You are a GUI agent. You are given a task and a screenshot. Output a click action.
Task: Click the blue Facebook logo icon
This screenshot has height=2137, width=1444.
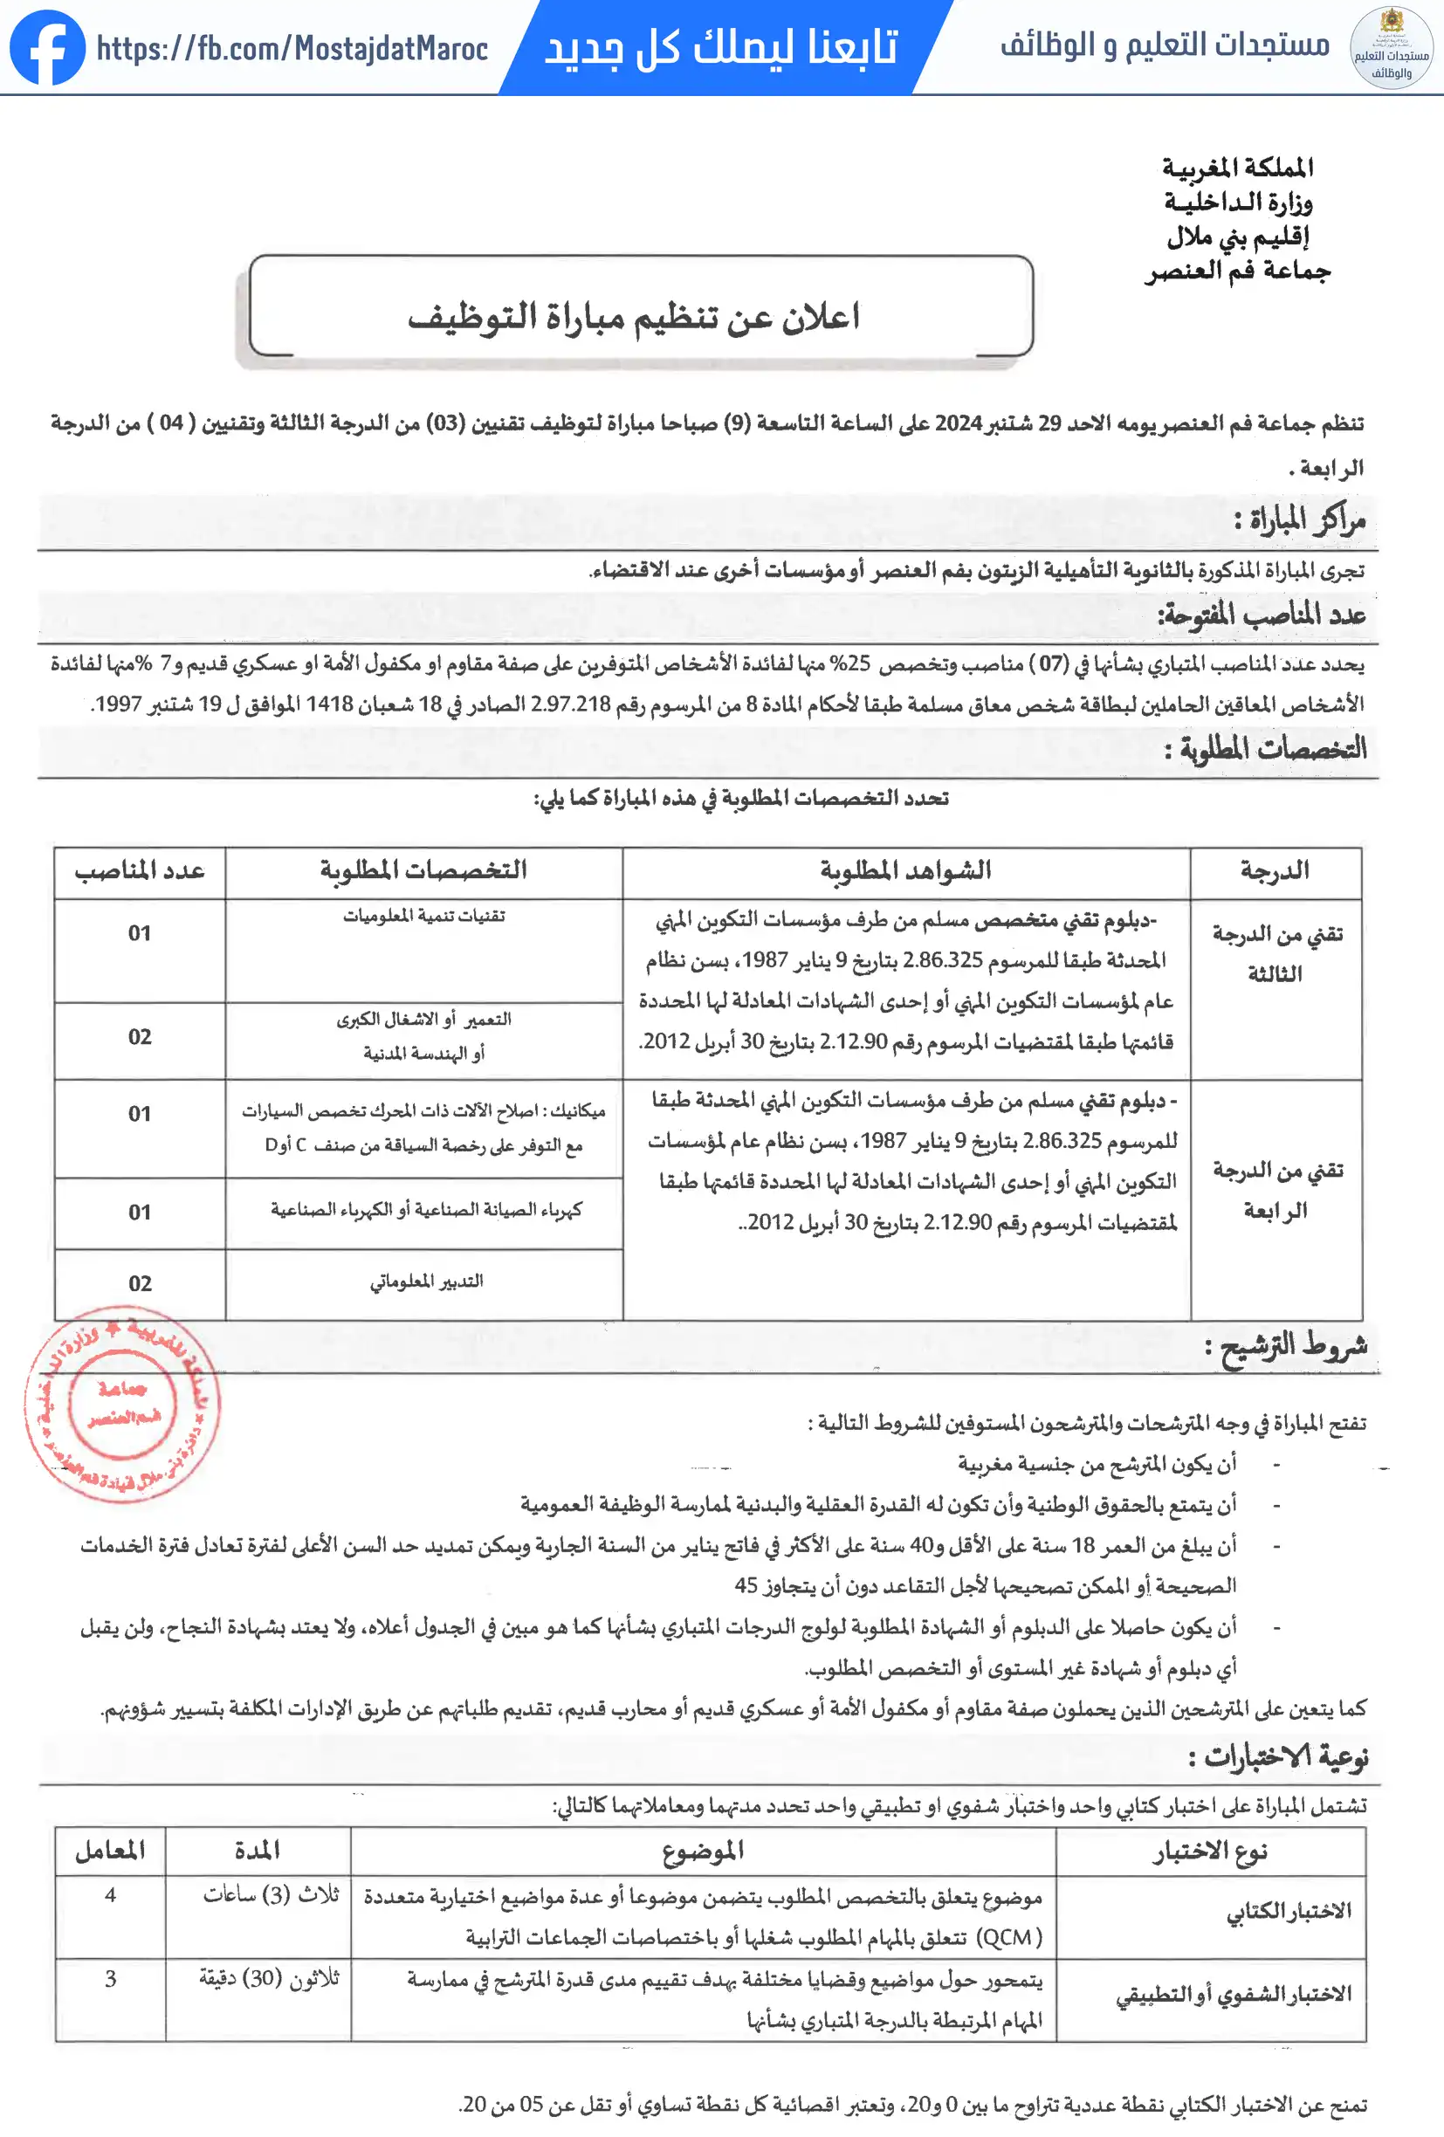coord(47,48)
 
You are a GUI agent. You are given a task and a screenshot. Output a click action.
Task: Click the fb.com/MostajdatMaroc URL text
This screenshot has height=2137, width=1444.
coord(292,48)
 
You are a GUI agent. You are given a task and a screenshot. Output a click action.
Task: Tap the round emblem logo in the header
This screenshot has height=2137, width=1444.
coord(1390,48)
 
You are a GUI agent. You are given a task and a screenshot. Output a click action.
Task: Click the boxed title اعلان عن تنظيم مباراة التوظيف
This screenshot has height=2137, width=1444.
coord(634,316)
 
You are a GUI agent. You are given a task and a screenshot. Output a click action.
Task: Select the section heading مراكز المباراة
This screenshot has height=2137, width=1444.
coord(1300,522)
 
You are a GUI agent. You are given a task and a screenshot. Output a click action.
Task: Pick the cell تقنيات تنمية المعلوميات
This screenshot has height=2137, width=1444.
coord(424,916)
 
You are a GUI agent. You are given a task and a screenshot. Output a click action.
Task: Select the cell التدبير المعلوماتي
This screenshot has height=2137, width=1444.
coord(427,1282)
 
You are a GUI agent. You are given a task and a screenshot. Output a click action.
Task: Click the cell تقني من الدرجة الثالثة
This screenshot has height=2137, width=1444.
coord(1276,953)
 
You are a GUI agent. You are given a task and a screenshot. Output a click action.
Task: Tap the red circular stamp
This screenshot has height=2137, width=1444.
coord(122,1403)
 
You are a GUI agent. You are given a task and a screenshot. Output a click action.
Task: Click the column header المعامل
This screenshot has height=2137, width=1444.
coord(110,1851)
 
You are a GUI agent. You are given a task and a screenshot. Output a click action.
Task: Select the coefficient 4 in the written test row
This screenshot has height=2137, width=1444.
coord(110,1895)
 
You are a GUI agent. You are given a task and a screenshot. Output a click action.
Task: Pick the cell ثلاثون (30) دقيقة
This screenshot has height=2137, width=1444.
coord(270,1979)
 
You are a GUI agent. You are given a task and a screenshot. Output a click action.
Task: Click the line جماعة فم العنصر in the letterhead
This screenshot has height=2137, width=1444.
coord(1238,271)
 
